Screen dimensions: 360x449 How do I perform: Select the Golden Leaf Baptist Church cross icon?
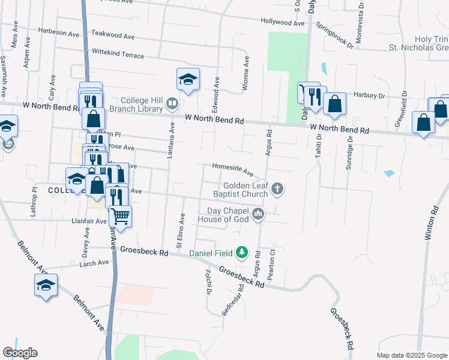(x=277, y=190)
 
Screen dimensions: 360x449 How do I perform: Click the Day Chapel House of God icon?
(x=258, y=214)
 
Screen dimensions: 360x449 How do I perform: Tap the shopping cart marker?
(x=121, y=215)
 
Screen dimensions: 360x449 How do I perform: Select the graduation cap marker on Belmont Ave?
(x=46, y=284)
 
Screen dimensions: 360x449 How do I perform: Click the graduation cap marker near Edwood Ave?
(x=188, y=79)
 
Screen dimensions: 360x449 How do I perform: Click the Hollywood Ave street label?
(x=283, y=22)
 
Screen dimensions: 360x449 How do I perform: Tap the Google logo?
(x=20, y=353)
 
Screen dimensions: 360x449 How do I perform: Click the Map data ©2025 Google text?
(x=411, y=355)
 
